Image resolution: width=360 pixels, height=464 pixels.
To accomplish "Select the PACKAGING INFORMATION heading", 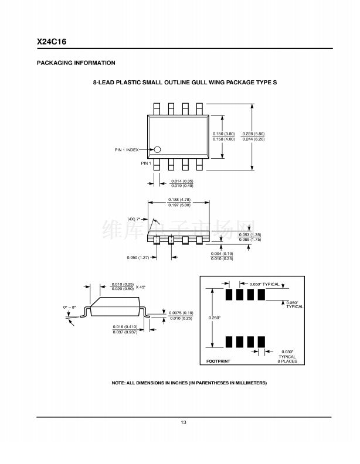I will click(x=76, y=63).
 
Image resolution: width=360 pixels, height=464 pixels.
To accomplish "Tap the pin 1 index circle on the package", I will click(x=157, y=150).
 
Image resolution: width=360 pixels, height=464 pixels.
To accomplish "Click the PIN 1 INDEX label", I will click(x=127, y=150).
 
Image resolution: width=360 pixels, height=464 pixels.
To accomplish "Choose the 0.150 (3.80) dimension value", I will click(x=223, y=134).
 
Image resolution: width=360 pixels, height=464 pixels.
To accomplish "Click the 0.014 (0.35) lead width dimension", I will click(x=182, y=181).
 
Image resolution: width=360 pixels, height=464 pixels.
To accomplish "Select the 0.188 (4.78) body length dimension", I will click(x=179, y=200).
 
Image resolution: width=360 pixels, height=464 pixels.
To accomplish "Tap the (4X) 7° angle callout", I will click(x=135, y=219).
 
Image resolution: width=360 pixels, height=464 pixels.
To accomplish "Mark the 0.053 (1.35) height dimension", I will click(x=250, y=234).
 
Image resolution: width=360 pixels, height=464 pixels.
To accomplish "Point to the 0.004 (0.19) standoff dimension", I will click(x=222, y=253).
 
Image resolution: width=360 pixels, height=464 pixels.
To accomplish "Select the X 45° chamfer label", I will click(x=141, y=287).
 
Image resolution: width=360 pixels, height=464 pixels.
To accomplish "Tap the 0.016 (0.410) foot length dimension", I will click(x=125, y=326).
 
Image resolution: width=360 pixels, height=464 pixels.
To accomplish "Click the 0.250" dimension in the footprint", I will click(x=214, y=318).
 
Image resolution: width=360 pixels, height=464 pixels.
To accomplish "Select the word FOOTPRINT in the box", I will click(x=219, y=361).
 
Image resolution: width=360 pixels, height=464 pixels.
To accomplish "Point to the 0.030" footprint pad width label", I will click(x=287, y=351).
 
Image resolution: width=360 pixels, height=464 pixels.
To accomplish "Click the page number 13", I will click(x=184, y=422).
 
